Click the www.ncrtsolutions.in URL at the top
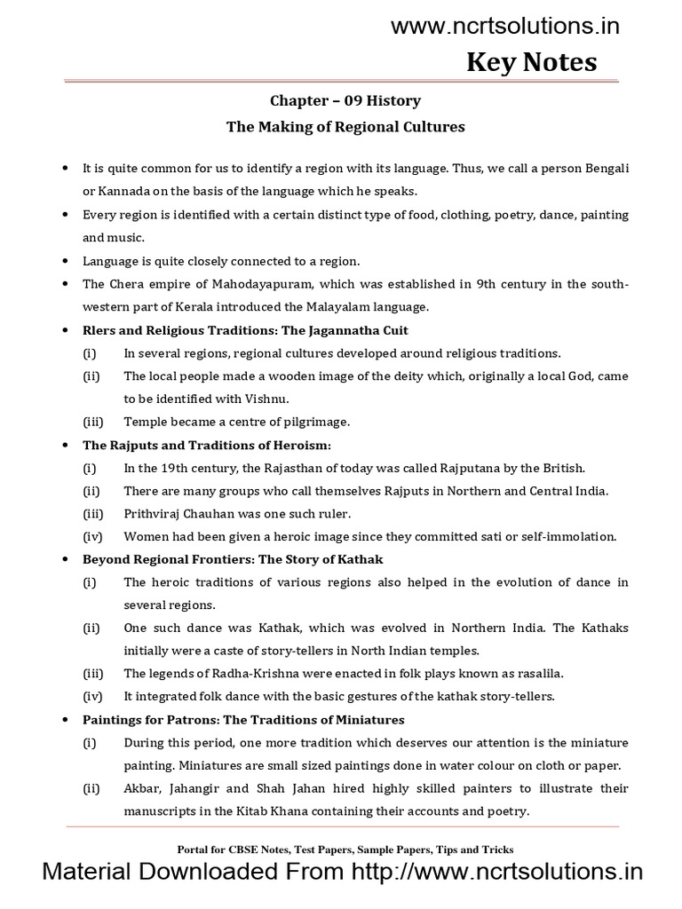(505, 27)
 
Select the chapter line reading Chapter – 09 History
(345, 101)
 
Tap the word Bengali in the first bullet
(606, 168)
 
